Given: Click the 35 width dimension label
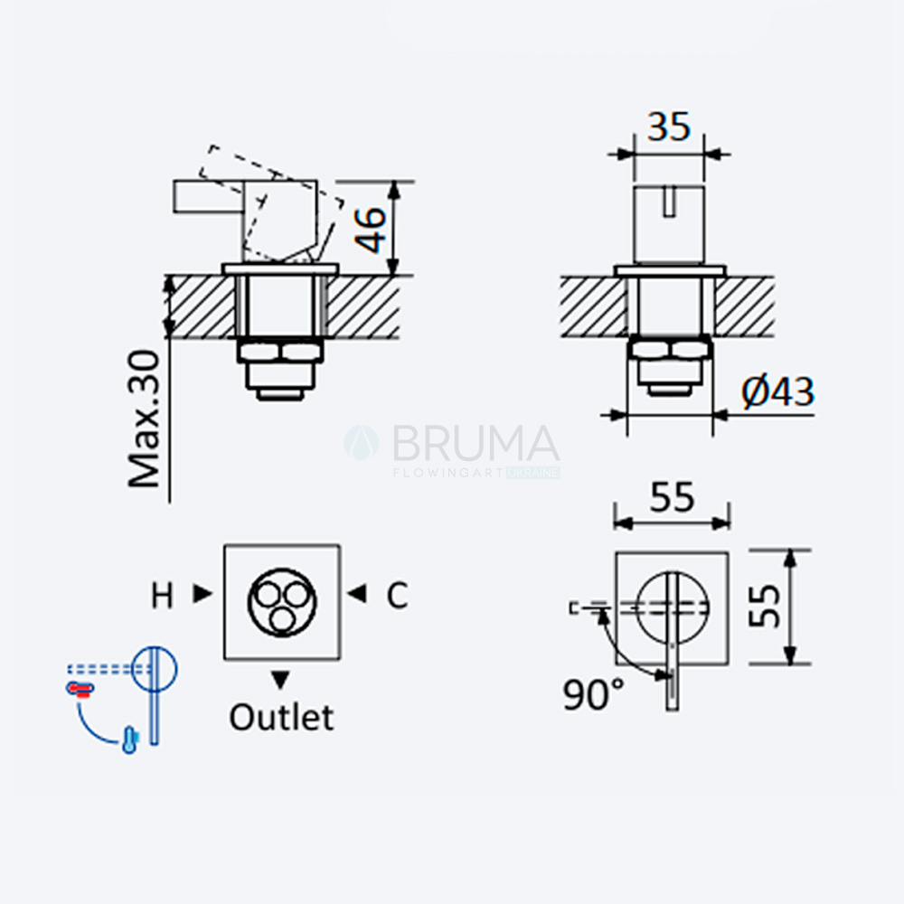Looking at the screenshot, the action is point(669,127).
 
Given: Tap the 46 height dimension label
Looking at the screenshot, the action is point(370,230).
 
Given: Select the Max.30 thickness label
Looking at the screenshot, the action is point(144,419).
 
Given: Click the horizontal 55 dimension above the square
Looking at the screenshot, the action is point(673,496).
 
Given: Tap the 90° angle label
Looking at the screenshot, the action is point(594,693).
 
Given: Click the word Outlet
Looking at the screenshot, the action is point(281,717).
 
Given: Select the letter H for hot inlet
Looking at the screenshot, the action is point(162,595).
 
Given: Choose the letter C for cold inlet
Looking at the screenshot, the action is point(397,595).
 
